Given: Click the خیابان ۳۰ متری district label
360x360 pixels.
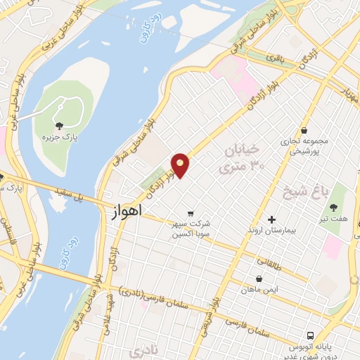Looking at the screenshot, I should click(240, 160).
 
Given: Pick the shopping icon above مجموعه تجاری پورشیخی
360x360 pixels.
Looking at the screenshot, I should click(304, 130).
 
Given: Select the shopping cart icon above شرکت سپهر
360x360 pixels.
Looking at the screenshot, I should click(190, 213).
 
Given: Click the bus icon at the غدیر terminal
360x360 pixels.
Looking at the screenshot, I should click(310, 335).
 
